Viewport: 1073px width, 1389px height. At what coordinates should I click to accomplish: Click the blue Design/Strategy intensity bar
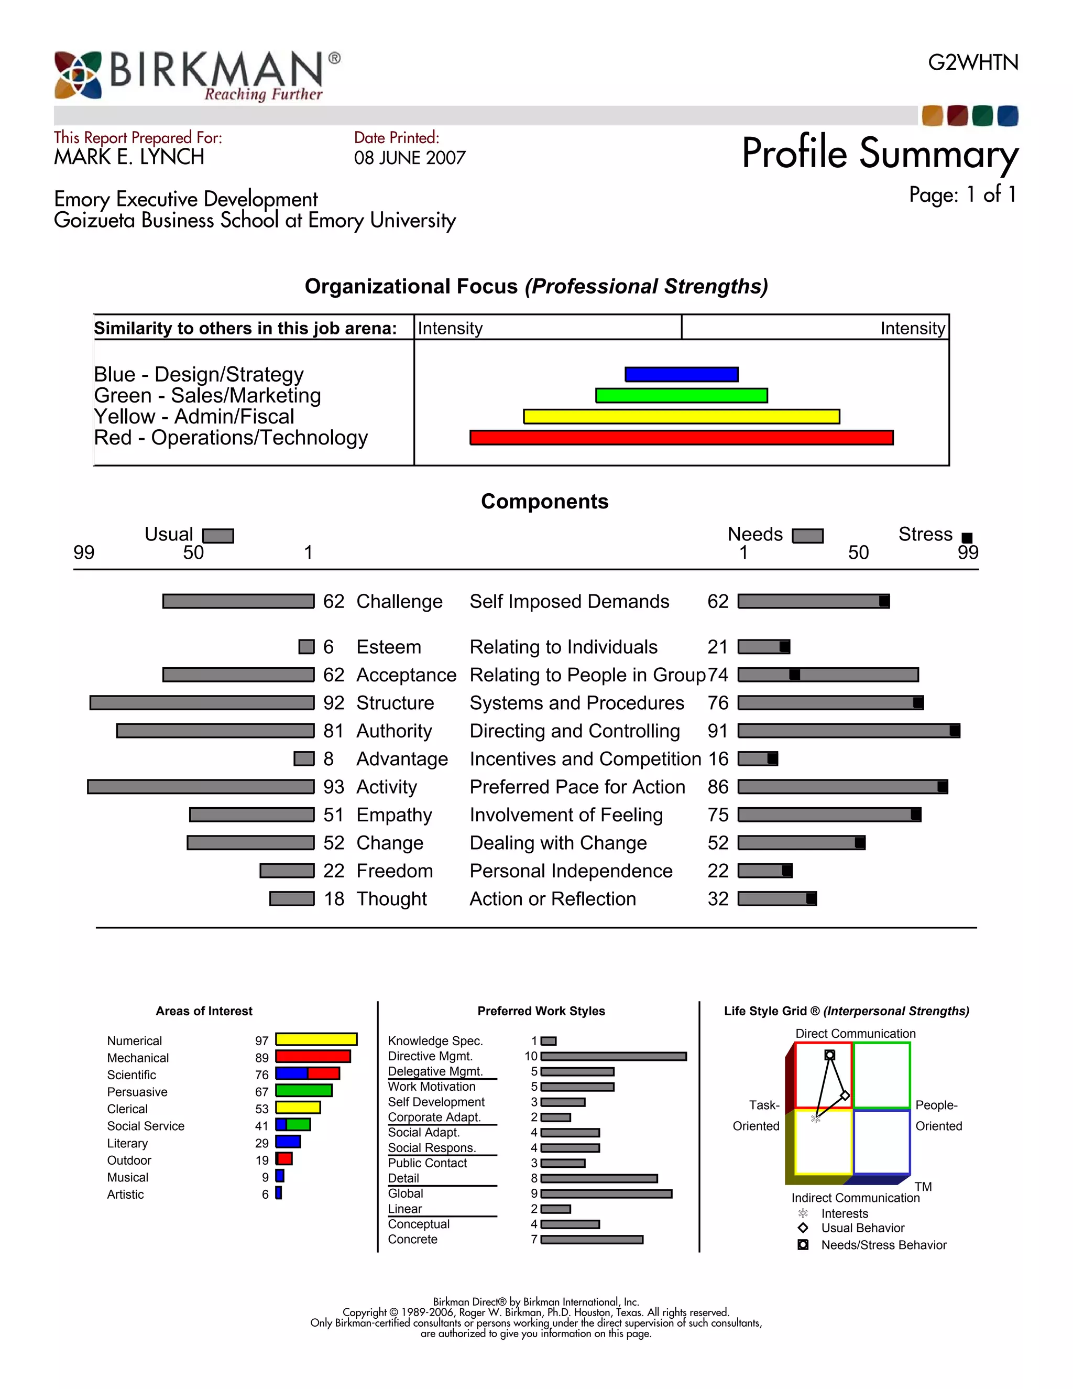682,374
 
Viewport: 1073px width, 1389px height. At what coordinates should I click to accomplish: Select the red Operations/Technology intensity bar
682,438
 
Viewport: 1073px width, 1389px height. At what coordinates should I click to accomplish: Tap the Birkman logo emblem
78,75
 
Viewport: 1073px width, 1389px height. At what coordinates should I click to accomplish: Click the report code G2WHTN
972,62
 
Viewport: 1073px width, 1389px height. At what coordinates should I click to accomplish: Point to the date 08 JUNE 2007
410,158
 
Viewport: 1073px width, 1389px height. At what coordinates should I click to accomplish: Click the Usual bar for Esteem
306,647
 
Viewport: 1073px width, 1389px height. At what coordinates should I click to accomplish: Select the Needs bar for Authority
849,731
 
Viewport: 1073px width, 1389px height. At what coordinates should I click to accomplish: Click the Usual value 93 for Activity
333,787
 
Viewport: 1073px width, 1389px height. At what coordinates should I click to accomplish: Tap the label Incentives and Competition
585,759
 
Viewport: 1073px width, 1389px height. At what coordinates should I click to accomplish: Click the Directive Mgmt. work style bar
614,1056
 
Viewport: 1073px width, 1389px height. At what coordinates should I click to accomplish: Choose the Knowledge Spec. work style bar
549,1041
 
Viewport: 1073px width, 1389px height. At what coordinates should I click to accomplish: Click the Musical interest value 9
265,1177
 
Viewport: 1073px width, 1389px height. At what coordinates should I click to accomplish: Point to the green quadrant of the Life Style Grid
882,1075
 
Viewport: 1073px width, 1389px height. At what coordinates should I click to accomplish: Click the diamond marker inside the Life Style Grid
845,1095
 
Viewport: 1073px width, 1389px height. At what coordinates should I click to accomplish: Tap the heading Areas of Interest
204,1011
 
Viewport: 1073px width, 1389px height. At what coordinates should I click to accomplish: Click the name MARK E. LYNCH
129,157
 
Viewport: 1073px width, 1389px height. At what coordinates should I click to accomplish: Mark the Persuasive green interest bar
303,1091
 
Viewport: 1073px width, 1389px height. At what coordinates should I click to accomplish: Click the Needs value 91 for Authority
718,731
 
